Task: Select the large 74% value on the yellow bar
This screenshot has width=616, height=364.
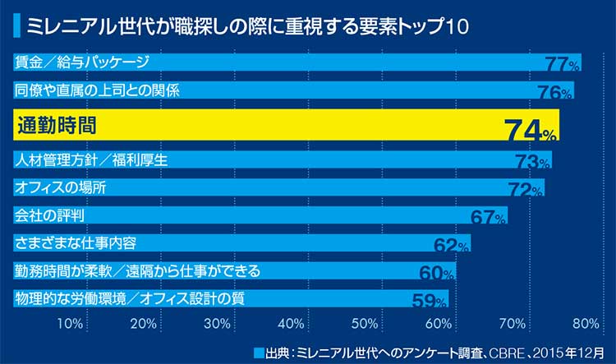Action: pos(531,129)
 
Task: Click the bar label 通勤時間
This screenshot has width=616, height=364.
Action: pos(57,125)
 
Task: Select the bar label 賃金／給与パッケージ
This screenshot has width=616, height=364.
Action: pos(82,62)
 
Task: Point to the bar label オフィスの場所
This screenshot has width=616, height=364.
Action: pos(61,188)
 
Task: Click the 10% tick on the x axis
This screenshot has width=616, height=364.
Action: pos(71,323)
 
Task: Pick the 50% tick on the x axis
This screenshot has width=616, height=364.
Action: pos(365,323)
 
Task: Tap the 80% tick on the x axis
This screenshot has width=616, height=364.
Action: pos(586,323)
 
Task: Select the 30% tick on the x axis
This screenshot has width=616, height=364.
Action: pos(218,323)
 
